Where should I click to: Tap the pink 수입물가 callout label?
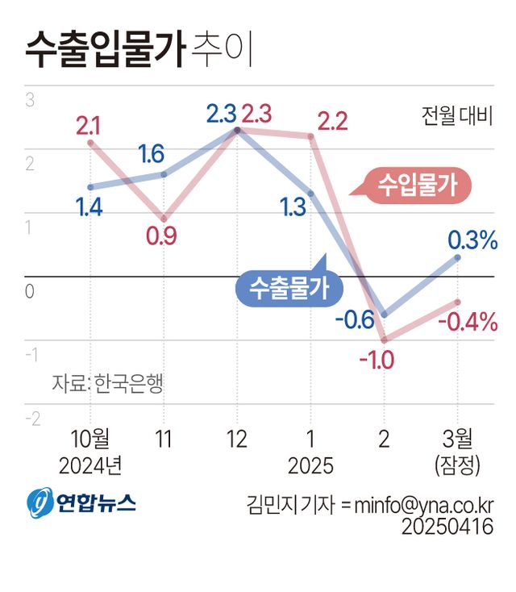[x=417, y=186]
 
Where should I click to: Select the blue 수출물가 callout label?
[x=289, y=288]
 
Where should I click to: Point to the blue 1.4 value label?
[x=89, y=208]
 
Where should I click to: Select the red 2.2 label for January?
[x=331, y=123]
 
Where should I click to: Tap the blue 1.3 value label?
[x=293, y=206]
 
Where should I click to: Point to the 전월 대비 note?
[x=456, y=117]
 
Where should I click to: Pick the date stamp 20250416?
[x=447, y=526]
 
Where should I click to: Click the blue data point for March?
[x=457, y=258]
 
